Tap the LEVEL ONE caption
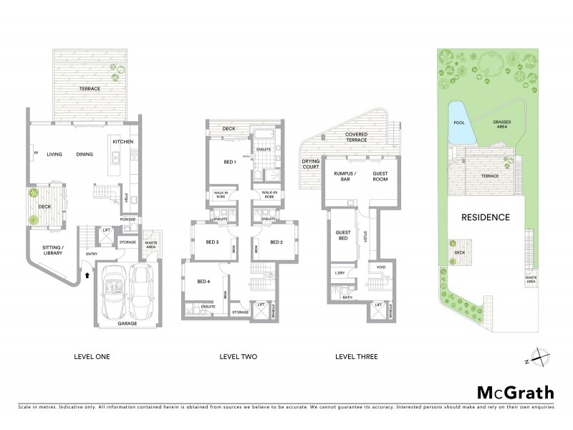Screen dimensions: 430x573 (92, 356)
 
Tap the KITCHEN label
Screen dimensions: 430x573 (122, 142)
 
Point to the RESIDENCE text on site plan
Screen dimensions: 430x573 (485, 216)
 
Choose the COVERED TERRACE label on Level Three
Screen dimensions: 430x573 (357, 137)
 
